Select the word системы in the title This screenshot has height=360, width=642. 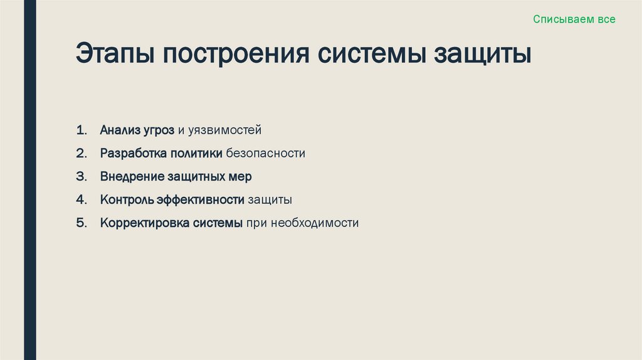click(x=372, y=54)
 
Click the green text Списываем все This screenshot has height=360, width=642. click(x=574, y=19)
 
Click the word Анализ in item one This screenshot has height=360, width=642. click(x=119, y=130)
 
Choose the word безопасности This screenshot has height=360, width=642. click(x=266, y=154)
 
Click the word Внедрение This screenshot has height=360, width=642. click(x=132, y=177)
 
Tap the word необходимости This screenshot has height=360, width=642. click(x=315, y=223)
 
